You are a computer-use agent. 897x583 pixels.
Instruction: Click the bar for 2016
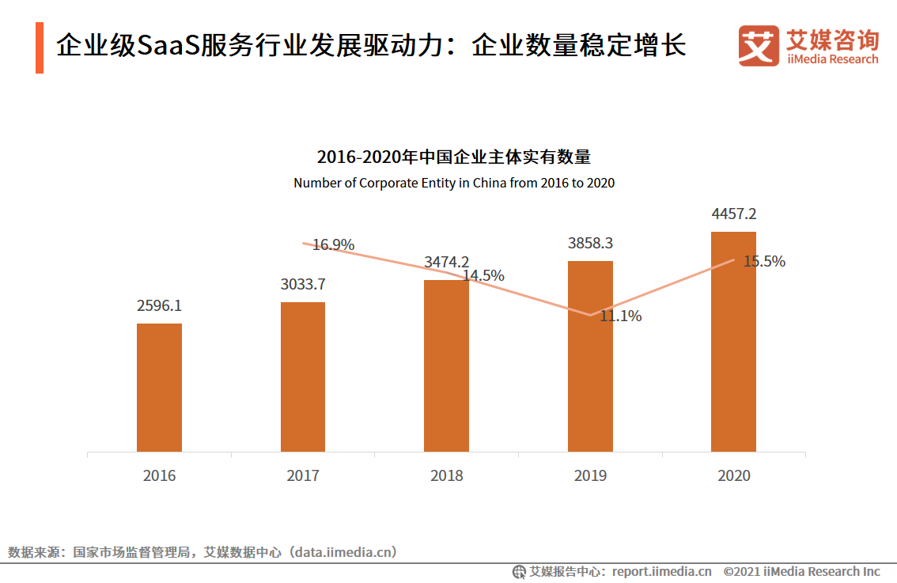[159, 388]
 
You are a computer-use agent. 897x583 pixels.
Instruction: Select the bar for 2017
[303, 377]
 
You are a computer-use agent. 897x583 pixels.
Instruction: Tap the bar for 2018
[446, 365]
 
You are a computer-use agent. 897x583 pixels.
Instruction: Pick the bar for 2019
[590, 356]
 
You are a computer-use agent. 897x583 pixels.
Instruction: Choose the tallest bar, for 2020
[733, 342]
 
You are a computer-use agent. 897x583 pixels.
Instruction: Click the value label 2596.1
[159, 306]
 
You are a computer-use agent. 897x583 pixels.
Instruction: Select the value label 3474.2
[446, 262]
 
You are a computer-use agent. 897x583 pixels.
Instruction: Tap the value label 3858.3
[590, 244]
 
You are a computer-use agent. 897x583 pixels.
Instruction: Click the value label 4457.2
[733, 214]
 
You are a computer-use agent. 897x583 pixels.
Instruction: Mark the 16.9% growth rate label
[333, 245]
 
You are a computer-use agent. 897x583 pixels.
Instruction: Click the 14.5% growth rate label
[483, 276]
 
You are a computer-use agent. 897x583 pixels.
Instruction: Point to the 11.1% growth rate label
[620, 316]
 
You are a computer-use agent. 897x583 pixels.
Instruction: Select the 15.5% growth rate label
[764, 262]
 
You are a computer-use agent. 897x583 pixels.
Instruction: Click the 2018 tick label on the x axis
[446, 476]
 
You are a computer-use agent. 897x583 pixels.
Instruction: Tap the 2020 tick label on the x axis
[733, 476]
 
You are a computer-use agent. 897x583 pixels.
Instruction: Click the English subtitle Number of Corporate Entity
[454, 183]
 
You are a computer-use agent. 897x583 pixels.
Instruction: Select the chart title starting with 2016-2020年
[454, 157]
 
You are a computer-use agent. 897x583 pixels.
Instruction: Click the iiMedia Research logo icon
[758, 46]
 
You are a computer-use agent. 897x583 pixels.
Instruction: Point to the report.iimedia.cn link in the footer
[661, 571]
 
